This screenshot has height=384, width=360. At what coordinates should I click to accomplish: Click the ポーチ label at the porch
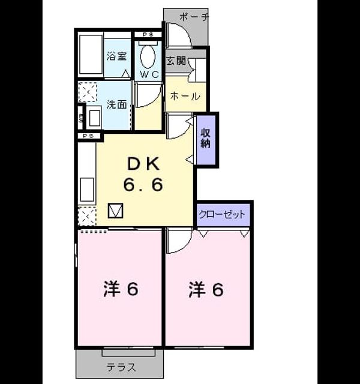tap(194, 17)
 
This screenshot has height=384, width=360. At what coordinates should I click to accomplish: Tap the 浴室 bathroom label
tap(116, 56)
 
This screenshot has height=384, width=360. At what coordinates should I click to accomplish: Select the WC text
tap(149, 74)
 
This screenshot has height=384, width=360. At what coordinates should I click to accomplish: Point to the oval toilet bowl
tap(148, 56)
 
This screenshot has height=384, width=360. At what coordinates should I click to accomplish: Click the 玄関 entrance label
tap(176, 61)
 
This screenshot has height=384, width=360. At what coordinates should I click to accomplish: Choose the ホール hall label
tap(185, 96)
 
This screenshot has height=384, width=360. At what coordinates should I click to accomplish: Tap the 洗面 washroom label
tap(116, 104)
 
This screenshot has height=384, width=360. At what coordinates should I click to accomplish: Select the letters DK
tap(143, 164)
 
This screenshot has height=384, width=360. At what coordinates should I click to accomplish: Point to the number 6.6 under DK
tap(143, 185)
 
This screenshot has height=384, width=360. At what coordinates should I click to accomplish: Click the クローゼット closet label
tap(222, 214)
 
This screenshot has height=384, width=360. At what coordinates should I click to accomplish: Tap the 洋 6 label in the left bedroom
tap(121, 289)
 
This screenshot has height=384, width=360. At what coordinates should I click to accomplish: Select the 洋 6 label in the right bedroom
tap(206, 289)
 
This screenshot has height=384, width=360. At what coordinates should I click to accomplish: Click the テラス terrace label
tap(121, 367)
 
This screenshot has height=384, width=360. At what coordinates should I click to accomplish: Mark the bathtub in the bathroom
tap(91, 55)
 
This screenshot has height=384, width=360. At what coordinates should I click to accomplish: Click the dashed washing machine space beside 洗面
tap(88, 92)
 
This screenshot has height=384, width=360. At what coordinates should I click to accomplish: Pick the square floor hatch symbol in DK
tap(116, 211)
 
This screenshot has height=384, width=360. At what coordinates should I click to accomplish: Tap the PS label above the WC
tap(148, 35)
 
